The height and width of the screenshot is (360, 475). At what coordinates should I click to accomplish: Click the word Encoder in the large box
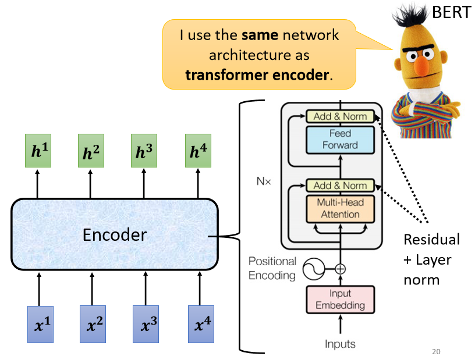coord(115,234)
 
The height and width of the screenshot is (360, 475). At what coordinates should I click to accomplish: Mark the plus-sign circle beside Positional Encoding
coord(341,269)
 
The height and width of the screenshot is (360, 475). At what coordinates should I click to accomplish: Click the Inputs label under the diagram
coord(340,344)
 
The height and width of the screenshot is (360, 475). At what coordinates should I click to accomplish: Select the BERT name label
coord(452,12)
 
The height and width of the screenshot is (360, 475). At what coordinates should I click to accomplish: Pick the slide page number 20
coord(437,351)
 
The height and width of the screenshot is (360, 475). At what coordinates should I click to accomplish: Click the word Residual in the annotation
coord(431,240)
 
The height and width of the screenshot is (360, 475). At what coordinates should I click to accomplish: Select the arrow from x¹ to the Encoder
coord(39,290)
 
